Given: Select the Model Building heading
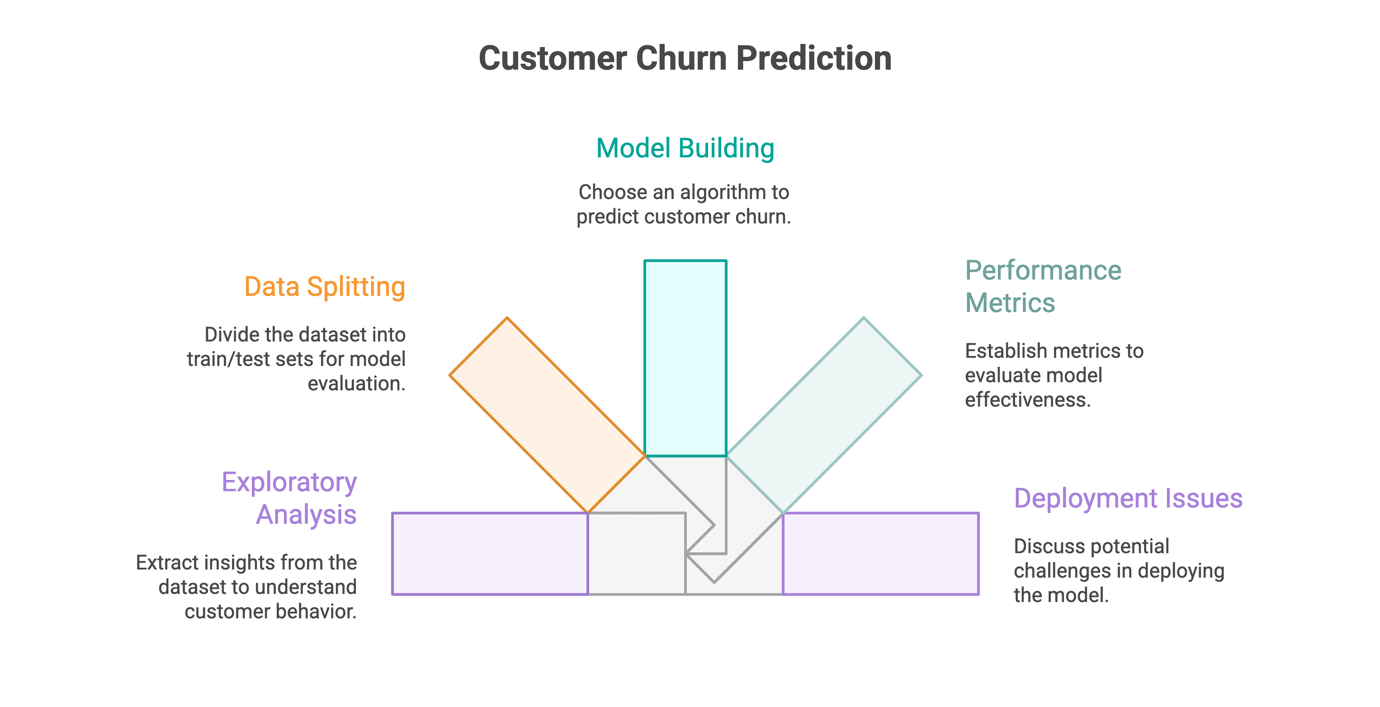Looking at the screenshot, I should [685, 148].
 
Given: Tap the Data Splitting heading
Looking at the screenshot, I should [325, 287].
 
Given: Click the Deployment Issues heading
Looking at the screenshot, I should [1128, 498].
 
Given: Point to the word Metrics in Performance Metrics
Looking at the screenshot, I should [1010, 303].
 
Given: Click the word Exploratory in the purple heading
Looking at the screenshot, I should [289, 482].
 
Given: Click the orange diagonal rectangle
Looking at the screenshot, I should [546, 414].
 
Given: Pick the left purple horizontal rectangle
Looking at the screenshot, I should [490, 554].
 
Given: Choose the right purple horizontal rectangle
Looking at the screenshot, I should [881, 554].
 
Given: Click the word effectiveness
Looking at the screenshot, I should [1027, 400].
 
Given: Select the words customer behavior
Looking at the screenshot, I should [270, 612].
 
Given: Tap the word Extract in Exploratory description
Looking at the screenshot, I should [167, 563].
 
